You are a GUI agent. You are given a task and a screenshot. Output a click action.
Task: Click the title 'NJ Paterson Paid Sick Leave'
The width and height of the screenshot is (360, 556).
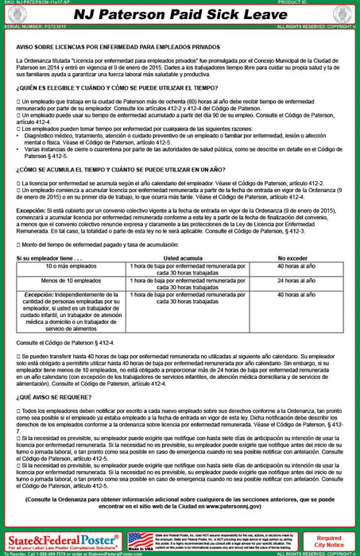point(180,14)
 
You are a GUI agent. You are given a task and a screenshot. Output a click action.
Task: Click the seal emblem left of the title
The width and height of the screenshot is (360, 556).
point(14,14)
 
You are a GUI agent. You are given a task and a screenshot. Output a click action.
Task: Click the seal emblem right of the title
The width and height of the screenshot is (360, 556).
point(345,14)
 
